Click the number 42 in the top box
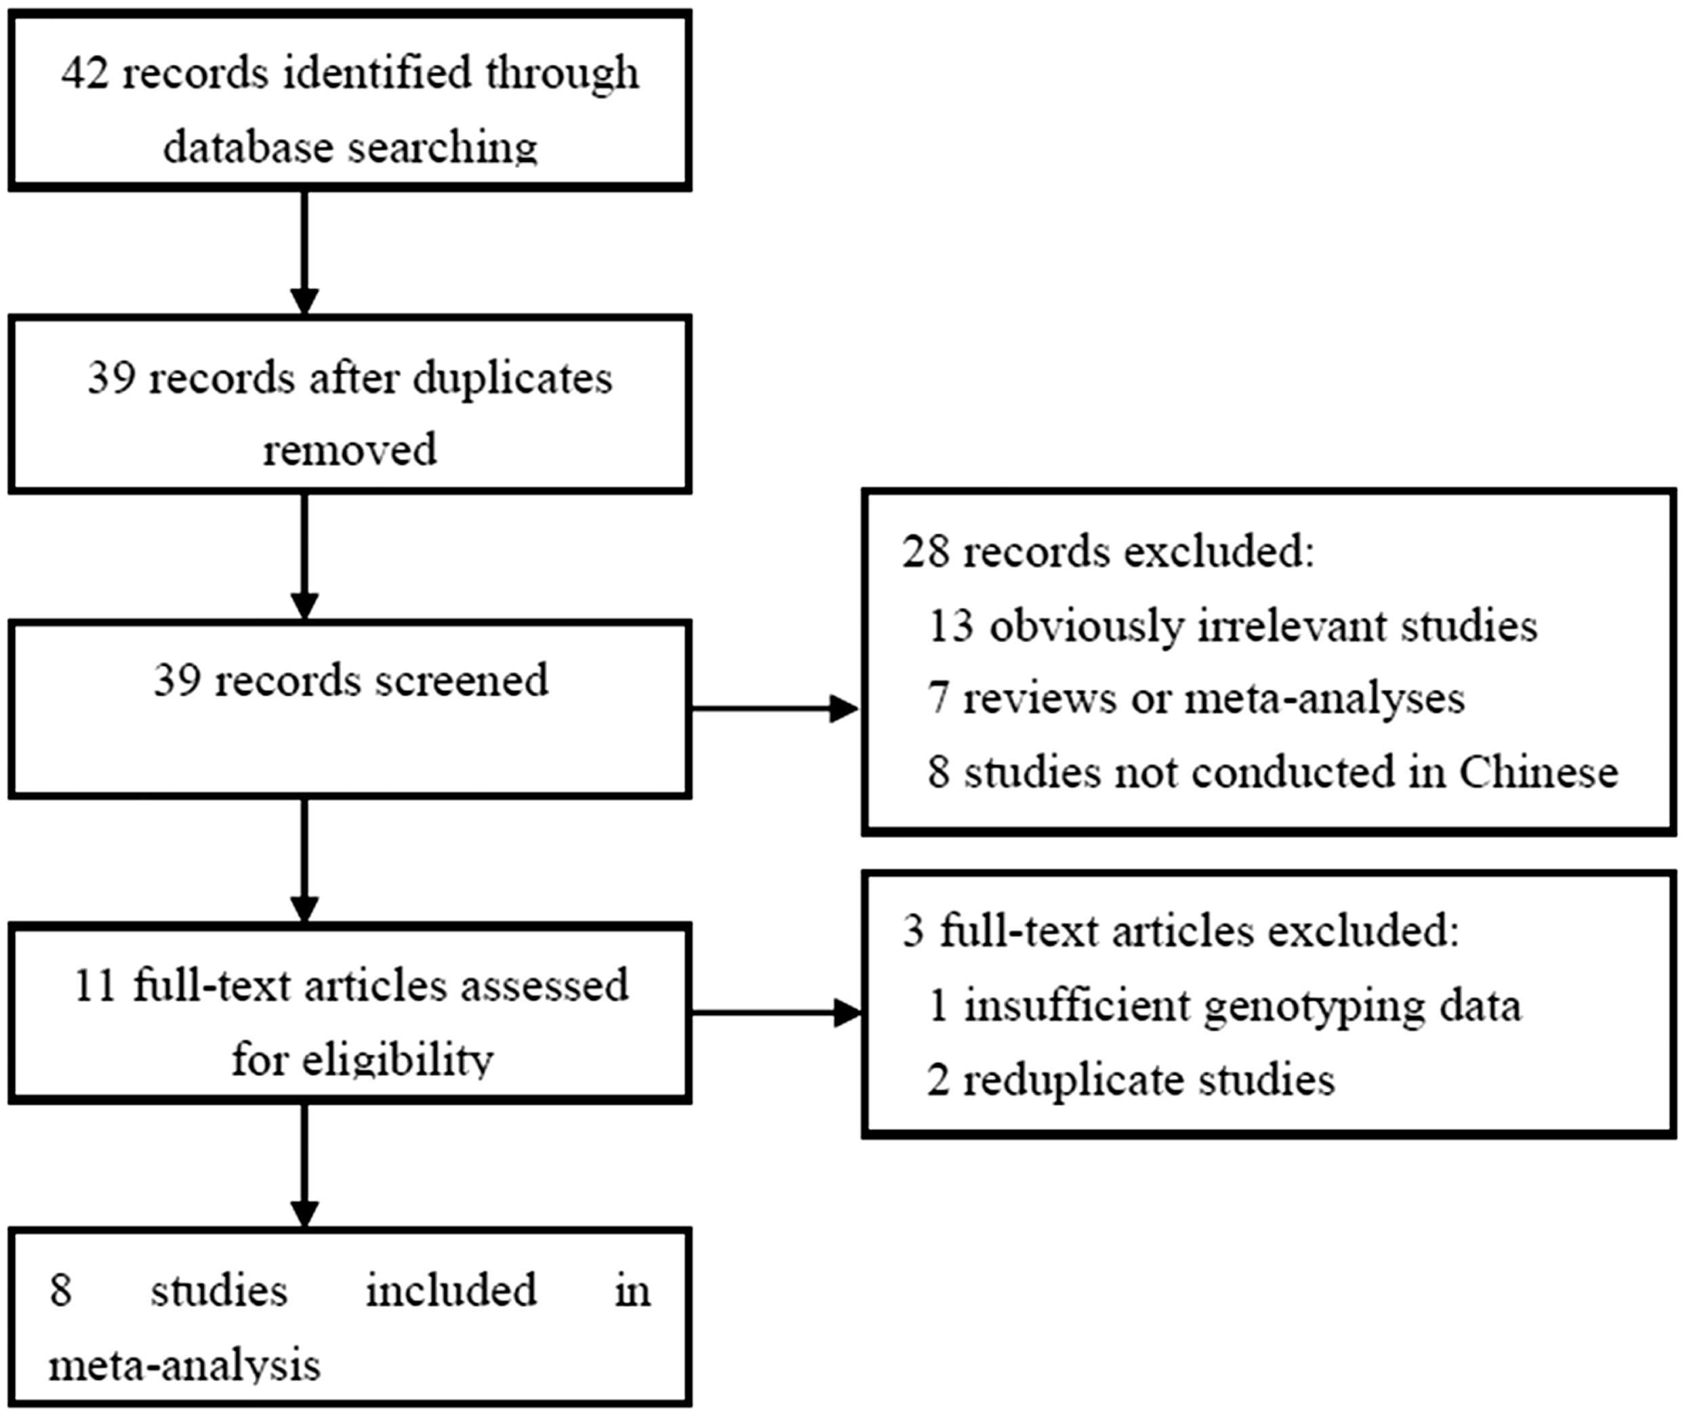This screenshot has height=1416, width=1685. click(85, 74)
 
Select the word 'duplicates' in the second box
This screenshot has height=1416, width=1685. click(512, 378)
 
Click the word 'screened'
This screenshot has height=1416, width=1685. click(462, 681)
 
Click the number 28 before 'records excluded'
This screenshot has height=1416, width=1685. click(925, 553)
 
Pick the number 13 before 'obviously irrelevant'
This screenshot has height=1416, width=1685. click(951, 626)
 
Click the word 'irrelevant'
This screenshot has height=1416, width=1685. click(1293, 626)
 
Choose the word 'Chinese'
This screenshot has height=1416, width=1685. click(1539, 773)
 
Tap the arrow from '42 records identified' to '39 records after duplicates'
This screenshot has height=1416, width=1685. click(304, 252)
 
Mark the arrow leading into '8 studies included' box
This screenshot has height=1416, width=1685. click(304, 1165)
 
